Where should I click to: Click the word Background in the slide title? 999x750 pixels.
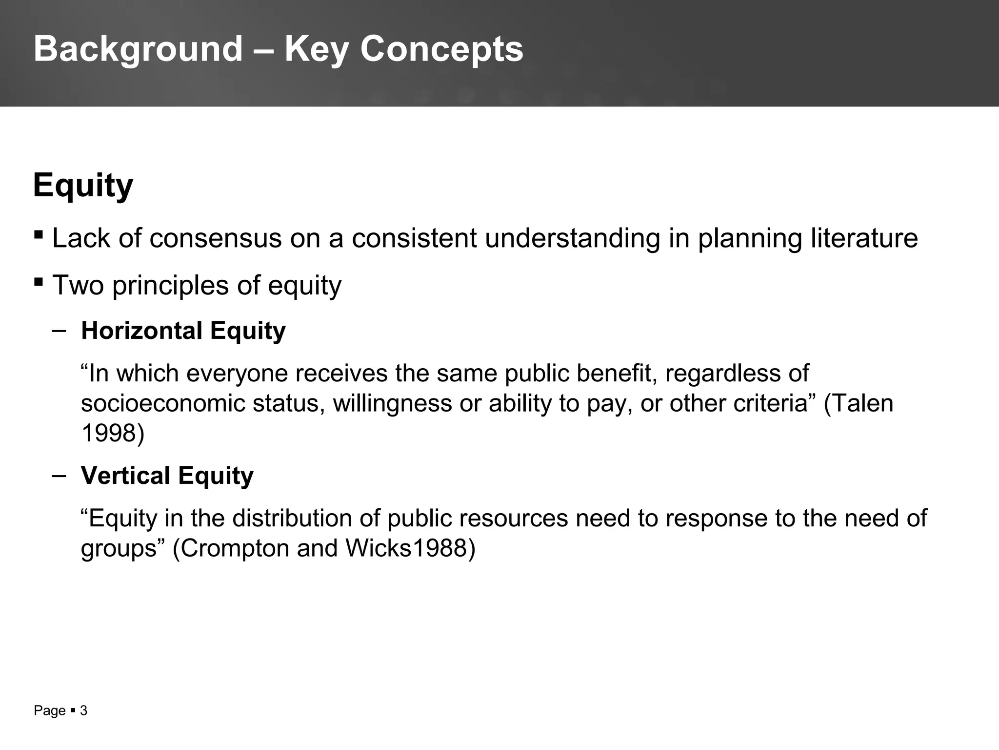(x=138, y=49)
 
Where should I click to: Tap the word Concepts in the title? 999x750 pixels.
(x=441, y=49)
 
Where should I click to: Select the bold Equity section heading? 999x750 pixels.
(x=83, y=186)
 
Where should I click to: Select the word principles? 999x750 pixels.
(x=171, y=285)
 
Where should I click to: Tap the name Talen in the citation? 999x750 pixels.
(x=863, y=403)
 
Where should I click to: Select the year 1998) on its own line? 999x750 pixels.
(x=113, y=433)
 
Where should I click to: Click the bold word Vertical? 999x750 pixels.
(x=125, y=476)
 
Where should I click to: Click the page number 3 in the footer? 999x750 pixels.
(x=83, y=710)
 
